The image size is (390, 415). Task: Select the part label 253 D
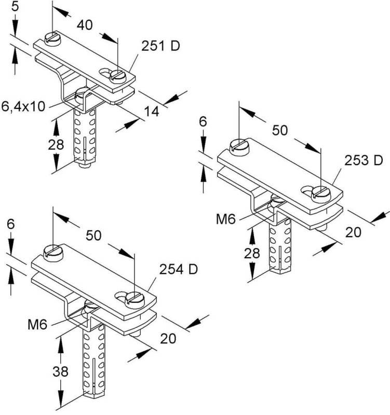364,161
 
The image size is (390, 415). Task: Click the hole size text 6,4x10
23,106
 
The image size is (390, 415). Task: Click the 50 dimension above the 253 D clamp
280,131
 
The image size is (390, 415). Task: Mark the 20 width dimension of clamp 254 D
167,338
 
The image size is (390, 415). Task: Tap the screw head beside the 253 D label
319,194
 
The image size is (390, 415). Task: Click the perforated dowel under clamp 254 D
92,363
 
